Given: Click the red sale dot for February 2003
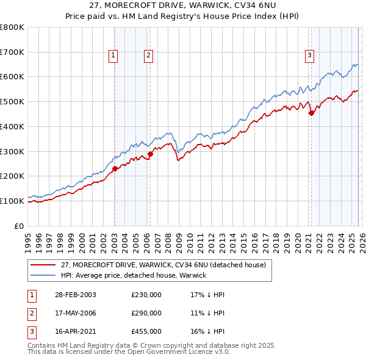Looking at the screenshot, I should pyautogui.click(x=115, y=168).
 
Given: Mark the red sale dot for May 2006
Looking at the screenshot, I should pyautogui.click(x=150, y=154).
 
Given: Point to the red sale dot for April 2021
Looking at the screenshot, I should pyautogui.click(x=311, y=113).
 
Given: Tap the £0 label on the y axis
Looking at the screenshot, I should pyautogui.click(x=20, y=226).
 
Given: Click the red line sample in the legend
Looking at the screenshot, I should pyautogui.click(x=43, y=265).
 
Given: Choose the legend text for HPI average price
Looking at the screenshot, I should pyautogui.click(x=134, y=275).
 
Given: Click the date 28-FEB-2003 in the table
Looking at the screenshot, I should pyautogui.click(x=74, y=295).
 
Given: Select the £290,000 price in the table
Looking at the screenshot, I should pyautogui.click(x=146, y=313).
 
